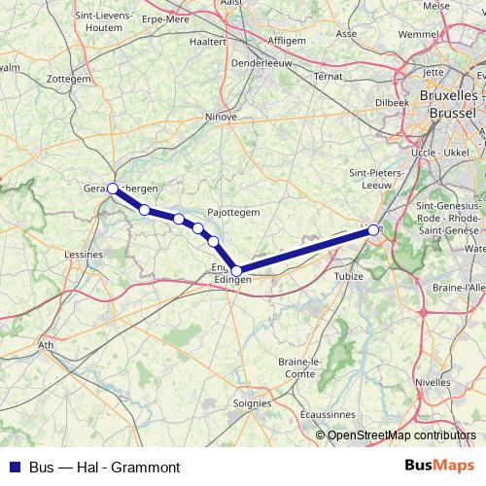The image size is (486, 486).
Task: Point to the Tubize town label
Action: tap(347, 276)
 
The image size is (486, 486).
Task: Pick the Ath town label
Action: tap(46, 344)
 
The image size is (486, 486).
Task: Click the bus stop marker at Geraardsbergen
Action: tap(113, 188)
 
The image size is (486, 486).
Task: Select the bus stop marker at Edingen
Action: tap(236, 271)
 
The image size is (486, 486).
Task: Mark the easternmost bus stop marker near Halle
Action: tap(373, 230)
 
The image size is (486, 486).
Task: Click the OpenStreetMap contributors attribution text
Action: tap(401, 435)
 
